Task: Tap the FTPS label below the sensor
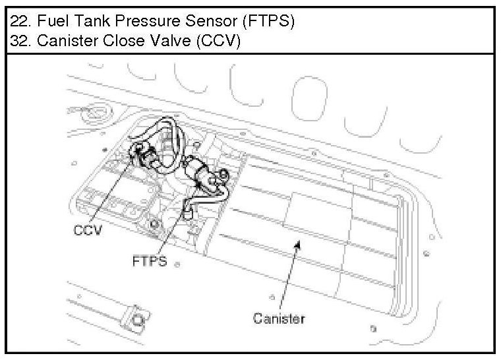[149, 261]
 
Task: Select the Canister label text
[279, 318]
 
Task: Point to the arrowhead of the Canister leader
[297, 244]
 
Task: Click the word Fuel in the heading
[50, 20]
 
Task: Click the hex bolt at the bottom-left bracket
[136, 320]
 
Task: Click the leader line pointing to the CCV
[113, 191]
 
